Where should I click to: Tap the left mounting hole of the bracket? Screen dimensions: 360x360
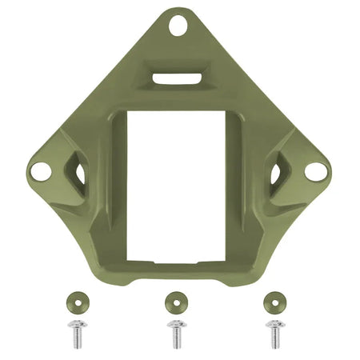point(38,169)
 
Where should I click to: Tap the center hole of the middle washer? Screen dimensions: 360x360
point(174,302)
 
